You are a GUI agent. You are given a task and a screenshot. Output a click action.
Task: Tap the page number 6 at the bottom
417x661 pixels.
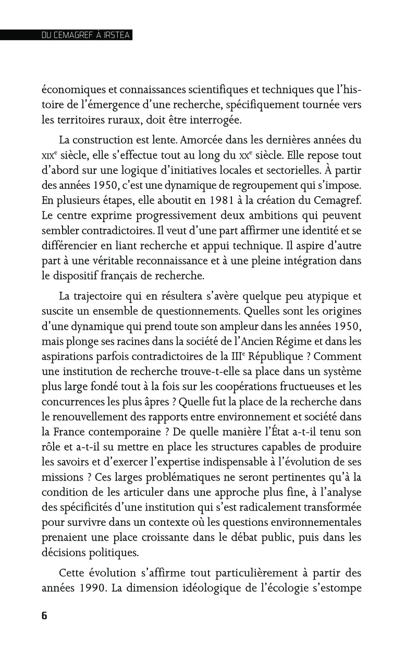pos(44,615)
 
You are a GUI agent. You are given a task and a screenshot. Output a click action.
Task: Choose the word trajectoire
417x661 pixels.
pos(103,296)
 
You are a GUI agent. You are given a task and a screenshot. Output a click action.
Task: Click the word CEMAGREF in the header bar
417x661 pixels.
pos(68,36)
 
